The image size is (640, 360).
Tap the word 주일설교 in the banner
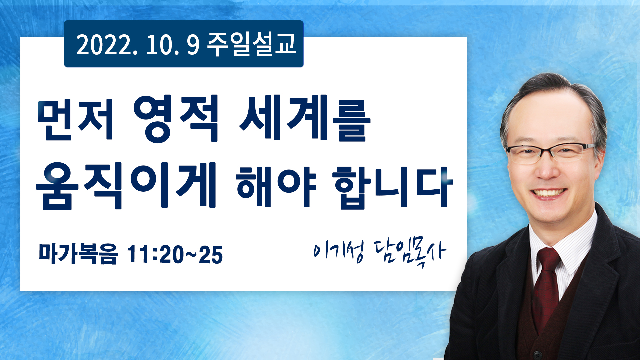(252, 44)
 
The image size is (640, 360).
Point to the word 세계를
(305, 118)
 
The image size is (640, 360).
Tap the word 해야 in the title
(276, 186)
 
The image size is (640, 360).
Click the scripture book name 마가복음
(78, 254)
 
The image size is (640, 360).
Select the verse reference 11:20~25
(175, 255)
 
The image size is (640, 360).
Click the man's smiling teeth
(549, 193)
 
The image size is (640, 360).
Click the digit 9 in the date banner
(193, 45)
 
